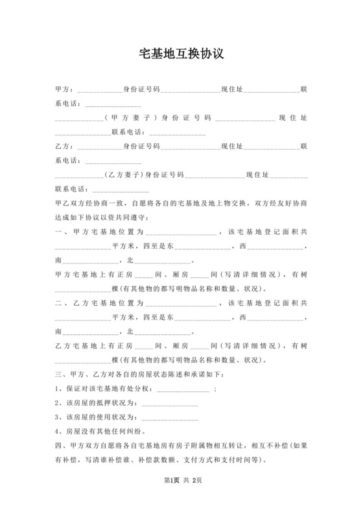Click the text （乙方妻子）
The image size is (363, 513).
coord(123,175)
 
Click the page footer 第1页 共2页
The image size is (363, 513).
coord(181,498)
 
